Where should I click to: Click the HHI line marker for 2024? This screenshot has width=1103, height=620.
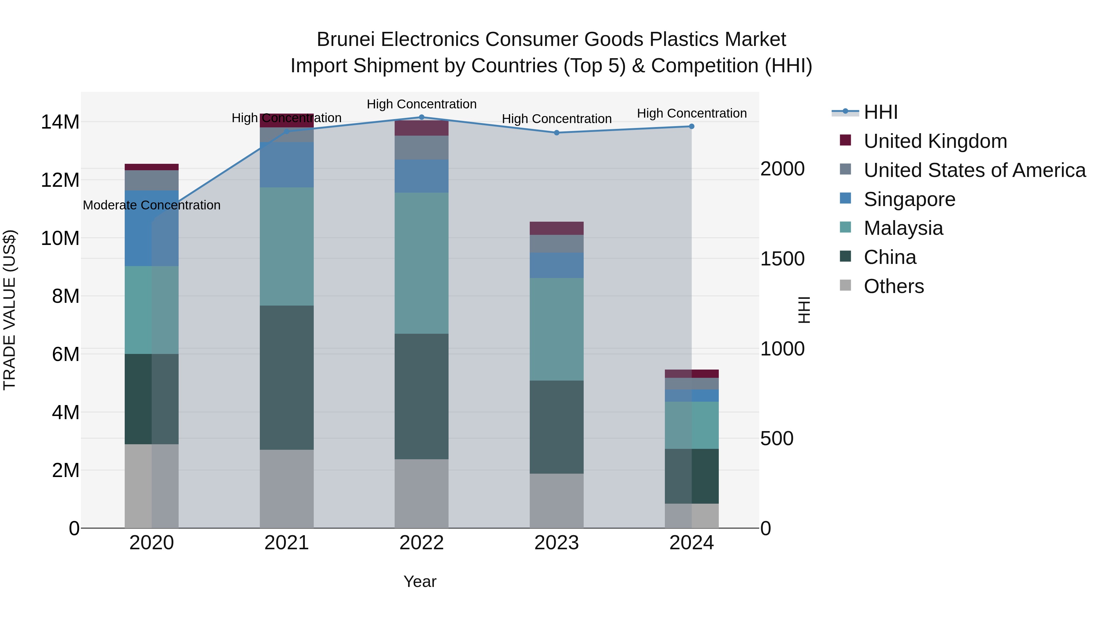coord(691,127)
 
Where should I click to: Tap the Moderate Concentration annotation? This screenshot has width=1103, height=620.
coord(152,205)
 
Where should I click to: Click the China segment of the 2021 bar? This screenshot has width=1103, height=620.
coord(286,378)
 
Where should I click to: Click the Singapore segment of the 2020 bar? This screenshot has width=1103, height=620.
coord(152,228)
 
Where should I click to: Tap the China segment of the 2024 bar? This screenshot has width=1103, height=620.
coord(691,476)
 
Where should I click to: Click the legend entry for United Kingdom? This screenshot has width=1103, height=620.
coord(935,141)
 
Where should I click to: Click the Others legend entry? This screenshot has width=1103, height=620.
coord(894,286)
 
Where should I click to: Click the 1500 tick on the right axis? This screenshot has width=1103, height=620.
coord(782,259)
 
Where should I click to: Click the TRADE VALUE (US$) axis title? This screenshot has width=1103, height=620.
coord(9,310)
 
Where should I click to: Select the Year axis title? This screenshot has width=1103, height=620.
coord(420,581)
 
